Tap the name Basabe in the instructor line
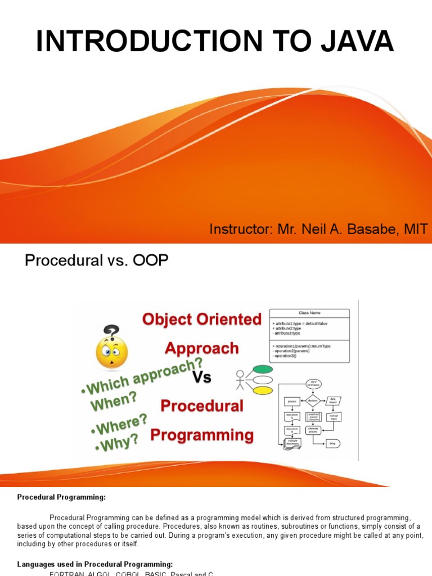pyautogui.click(x=376, y=229)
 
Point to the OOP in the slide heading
pyautogui.click(x=150, y=261)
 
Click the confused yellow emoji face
pyautogui.click(x=112, y=352)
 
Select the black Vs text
pyautogui.click(x=202, y=378)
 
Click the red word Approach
pyautogui.click(x=201, y=349)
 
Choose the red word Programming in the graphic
pyautogui.click(x=202, y=435)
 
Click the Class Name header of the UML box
pyautogui.click(x=309, y=313)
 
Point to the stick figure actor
pyautogui.click(x=241, y=380)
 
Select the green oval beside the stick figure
pyautogui.click(x=263, y=370)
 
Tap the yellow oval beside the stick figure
pyautogui.click(x=263, y=390)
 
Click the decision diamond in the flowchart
pyautogui.click(x=313, y=401)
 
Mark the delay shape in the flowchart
pyautogui.click(x=332, y=443)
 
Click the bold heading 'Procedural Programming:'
pyautogui.click(x=61, y=497)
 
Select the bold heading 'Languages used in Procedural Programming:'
pyautogui.click(x=95, y=564)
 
